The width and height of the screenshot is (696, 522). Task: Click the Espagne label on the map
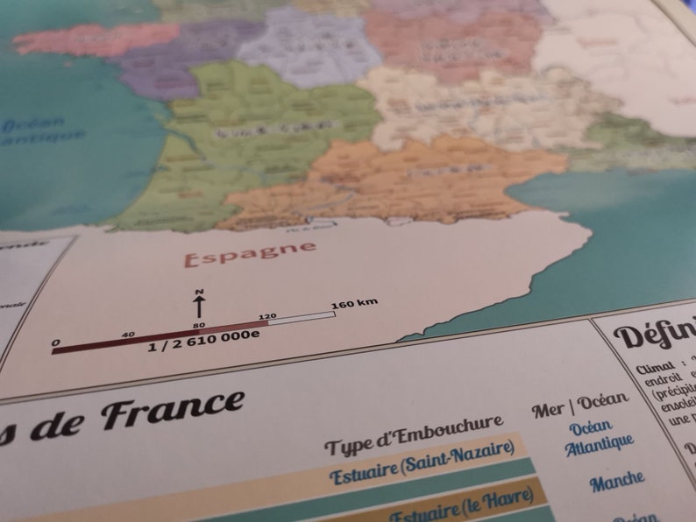(250, 254)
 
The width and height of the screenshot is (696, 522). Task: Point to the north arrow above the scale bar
(199, 307)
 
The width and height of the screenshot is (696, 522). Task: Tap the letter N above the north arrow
(199, 292)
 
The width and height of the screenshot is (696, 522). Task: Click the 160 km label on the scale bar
(354, 304)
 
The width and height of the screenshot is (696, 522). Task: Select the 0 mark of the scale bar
(56, 342)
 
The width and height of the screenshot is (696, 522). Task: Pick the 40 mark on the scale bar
(128, 334)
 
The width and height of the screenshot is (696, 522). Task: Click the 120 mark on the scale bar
(267, 313)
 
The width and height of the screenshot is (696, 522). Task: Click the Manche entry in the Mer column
(616, 480)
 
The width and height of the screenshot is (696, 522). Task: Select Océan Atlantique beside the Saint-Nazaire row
(597, 437)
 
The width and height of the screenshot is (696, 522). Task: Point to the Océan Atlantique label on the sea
(39, 130)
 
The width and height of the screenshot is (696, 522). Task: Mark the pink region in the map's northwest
(96, 39)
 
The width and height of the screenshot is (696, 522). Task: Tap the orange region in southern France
(394, 180)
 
